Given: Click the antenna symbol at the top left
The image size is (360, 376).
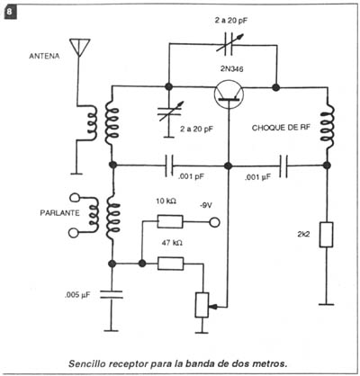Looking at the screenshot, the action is tap(79, 47).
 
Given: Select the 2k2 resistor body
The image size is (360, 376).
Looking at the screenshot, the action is tap(326, 235).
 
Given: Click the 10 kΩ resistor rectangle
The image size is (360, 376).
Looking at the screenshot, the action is tap(170, 221).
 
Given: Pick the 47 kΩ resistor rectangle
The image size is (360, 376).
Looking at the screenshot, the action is tap(170, 264).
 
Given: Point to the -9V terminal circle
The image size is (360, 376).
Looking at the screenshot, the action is tap(214, 222).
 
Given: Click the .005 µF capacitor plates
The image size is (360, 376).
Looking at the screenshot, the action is tap(112, 294).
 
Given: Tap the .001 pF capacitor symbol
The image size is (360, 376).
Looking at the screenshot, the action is tap(169, 166).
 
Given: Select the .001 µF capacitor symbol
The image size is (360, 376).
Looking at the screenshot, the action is tap(283, 166).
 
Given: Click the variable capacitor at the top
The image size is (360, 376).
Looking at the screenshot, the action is tap(229, 45).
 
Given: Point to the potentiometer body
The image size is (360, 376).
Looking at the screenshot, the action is tap(202, 305).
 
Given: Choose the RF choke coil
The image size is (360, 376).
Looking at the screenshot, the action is tap(327, 127).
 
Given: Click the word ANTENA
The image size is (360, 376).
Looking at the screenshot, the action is tap(44, 56).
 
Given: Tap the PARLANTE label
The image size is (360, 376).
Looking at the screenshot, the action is tap(60, 213).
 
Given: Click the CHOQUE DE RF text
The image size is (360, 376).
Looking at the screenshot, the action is tap(281, 128).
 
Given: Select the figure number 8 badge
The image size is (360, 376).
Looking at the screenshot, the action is tap(10, 13).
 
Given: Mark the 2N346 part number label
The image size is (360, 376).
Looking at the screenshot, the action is tap(231, 69).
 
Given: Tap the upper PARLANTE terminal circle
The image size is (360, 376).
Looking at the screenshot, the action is tap(75, 198).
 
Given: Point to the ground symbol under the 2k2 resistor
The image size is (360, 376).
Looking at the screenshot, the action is tap(326, 305).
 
